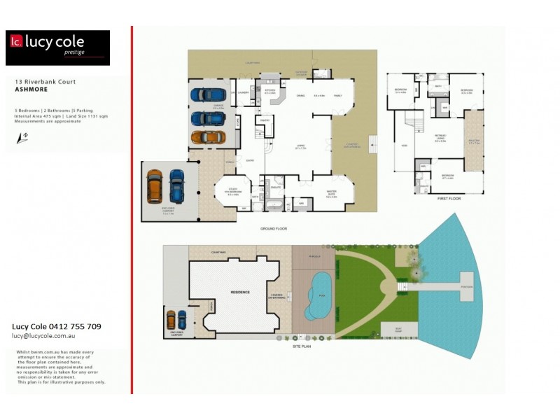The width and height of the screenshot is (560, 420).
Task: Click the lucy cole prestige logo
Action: [x=57, y=48]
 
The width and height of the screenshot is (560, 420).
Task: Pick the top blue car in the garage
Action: [x=208, y=94]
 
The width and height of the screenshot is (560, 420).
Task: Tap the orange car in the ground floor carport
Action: [x=154, y=185]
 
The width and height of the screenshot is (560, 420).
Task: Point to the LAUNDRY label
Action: [x=244, y=92]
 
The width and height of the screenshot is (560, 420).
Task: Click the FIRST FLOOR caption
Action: [x=436, y=199]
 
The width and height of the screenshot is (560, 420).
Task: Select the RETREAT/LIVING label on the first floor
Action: [x=440, y=139]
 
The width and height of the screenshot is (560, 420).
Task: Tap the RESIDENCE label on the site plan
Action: [x=240, y=290]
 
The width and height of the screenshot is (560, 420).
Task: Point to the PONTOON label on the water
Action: [x=468, y=286]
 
